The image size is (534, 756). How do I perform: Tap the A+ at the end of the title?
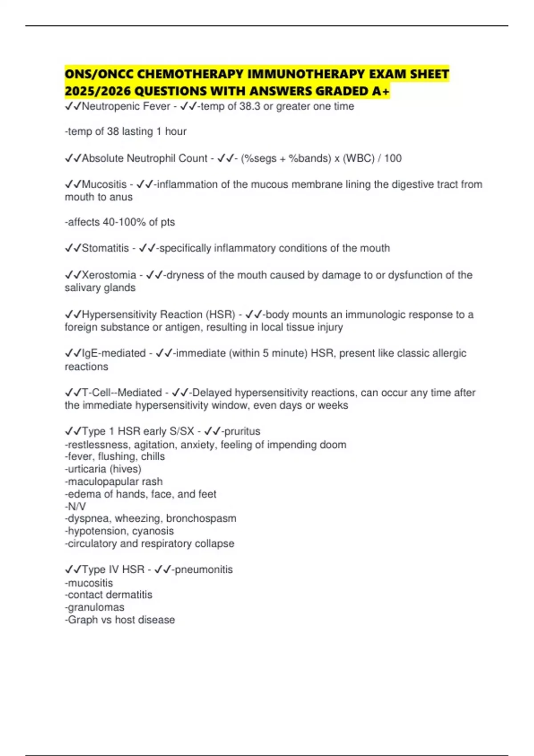(381, 91)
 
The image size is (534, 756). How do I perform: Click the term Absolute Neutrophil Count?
(145, 158)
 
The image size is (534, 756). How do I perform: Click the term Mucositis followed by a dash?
(104, 185)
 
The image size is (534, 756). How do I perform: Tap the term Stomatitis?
(105, 248)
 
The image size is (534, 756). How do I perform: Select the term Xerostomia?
(109, 275)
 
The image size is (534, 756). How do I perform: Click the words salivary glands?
(100, 288)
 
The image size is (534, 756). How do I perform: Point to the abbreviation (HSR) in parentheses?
(220, 315)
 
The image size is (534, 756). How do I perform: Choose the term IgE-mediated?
(113, 354)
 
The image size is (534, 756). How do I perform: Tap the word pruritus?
(242, 431)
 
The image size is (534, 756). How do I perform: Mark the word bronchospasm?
(201, 519)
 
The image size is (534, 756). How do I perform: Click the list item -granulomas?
(95, 607)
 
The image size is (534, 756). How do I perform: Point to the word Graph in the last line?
(83, 620)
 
